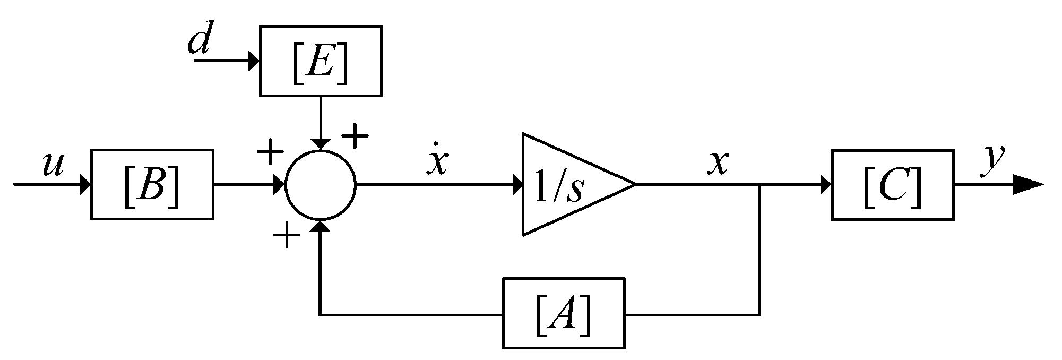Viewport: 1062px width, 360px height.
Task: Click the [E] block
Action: coord(320,61)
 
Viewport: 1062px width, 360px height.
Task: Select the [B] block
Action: coord(152,184)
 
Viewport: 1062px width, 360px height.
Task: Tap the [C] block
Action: coord(892,184)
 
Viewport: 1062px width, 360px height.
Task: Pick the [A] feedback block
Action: coord(563,313)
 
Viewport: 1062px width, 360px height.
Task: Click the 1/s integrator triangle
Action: coord(568,184)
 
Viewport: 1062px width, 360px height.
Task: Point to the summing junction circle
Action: coord(320,184)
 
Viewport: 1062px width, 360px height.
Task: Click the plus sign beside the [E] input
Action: coord(355,137)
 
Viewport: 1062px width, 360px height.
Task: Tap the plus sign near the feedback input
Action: coord(286,235)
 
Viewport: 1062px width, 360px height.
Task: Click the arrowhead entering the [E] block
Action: coord(253,61)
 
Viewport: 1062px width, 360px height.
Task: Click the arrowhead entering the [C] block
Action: coord(825,184)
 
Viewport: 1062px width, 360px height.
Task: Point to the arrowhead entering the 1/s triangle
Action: coord(517,184)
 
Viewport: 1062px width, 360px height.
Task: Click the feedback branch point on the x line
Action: coord(759,184)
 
